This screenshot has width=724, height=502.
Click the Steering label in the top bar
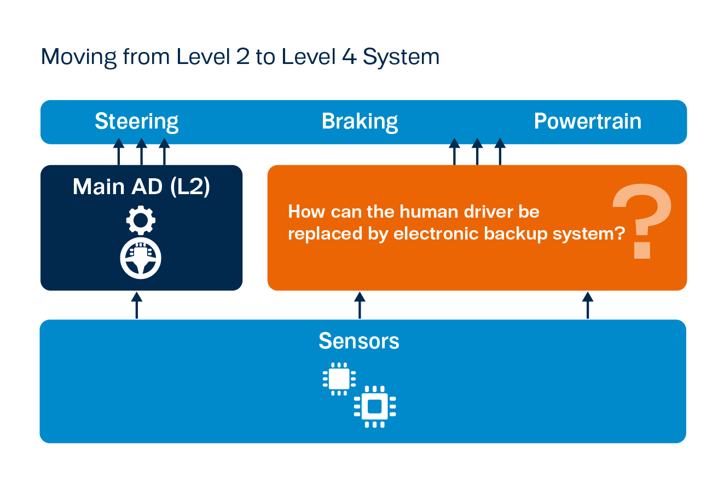click(x=136, y=122)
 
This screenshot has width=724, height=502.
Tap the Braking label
click(x=360, y=122)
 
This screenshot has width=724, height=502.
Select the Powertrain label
click(x=588, y=121)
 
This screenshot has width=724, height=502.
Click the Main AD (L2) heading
click(x=141, y=186)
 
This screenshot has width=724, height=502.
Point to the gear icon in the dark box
click(x=141, y=220)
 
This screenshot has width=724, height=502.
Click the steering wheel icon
click(x=141, y=258)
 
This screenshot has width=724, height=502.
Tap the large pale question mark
click(x=642, y=221)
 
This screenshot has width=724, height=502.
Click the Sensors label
click(x=359, y=341)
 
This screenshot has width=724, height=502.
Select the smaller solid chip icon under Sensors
click(x=339, y=379)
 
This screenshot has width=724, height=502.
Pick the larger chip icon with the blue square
click(x=375, y=407)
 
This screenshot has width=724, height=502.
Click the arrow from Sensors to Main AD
click(x=137, y=305)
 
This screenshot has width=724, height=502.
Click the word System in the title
click(x=401, y=57)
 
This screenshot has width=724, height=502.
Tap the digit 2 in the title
click(x=243, y=56)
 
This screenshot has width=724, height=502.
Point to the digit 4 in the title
click(x=349, y=56)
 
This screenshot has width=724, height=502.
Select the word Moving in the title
click(x=79, y=57)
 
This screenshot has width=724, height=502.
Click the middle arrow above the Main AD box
click(x=142, y=151)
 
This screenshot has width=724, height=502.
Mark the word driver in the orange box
click(x=488, y=212)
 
